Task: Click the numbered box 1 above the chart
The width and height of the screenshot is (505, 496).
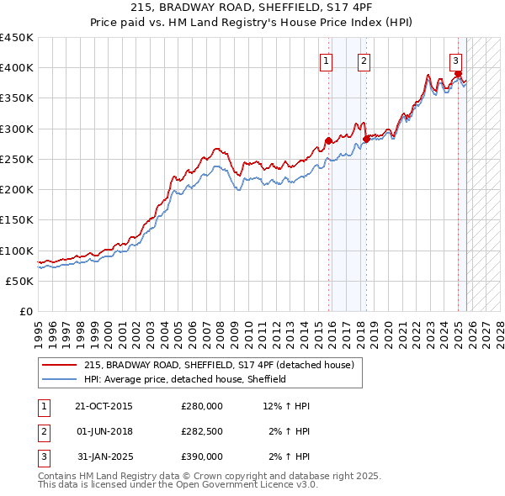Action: coord(326,60)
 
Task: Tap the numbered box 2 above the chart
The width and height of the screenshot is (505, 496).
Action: coord(364,60)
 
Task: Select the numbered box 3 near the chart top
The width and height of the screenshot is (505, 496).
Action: coord(455,60)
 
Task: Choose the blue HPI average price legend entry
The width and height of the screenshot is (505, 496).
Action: coord(185,380)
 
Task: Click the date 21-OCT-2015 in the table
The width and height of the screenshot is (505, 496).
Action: coord(104,406)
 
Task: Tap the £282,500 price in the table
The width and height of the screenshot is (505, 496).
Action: coord(202,431)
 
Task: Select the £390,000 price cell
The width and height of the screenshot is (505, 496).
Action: coord(202,456)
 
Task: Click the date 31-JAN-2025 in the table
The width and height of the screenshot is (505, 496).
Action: coord(104,456)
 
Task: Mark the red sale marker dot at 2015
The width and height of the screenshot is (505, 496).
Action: coord(329,141)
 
